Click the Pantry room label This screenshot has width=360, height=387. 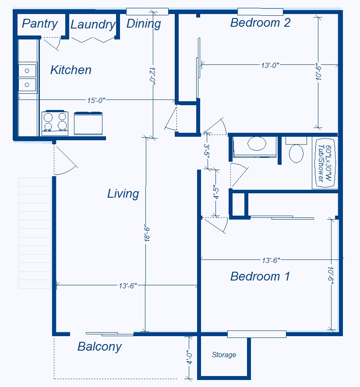pyautogui.click(x=40, y=24)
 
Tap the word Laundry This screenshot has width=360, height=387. pyautogui.click(x=93, y=25)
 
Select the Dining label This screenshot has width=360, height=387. pyautogui.click(x=144, y=24)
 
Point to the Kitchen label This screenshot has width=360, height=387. pyautogui.click(x=71, y=70)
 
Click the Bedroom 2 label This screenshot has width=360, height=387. pyautogui.click(x=261, y=23)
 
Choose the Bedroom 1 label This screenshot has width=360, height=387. pyautogui.click(x=260, y=276)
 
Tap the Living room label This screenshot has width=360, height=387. pyautogui.click(x=123, y=194)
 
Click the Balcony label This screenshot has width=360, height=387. pyautogui.click(x=99, y=347)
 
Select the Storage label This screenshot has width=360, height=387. pyautogui.click(x=224, y=355)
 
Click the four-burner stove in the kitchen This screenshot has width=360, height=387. pyautogui.click(x=55, y=123)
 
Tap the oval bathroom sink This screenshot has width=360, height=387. pyautogui.click(x=257, y=143)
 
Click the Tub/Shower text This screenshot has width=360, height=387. pyautogui.click(x=321, y=163)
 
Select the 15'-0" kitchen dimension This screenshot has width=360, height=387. pyautogui.click(x=96, y=100)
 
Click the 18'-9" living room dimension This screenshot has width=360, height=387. pyautogui.click(x=147, y=233)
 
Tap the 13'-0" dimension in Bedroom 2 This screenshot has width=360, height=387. pyautogui.click(x=270, y=65)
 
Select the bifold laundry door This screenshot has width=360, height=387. pyautogui.click(x=93, y=40)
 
